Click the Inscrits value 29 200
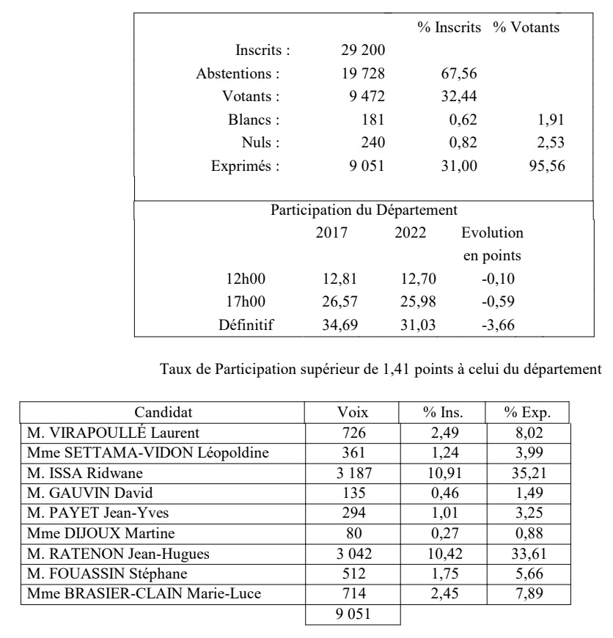point(359,51)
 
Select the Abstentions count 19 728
point(359,74)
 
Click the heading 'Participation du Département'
point(364,211)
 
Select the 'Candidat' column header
point(162,413)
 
